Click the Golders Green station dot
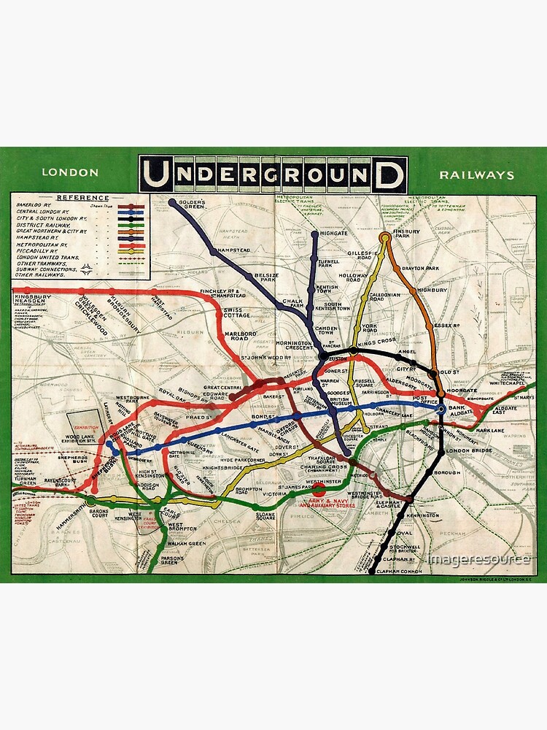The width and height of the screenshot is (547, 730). tap(172, 202)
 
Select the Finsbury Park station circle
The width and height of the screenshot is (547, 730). tap(385, 237)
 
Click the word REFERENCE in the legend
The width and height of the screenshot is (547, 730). tap(82, 198)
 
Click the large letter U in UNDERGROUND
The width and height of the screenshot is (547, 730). tap(157, 175)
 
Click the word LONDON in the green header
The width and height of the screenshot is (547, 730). tap(70, 173)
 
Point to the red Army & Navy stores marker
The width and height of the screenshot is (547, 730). tap(319, 494)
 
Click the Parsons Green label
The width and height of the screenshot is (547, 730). tap(170, 560)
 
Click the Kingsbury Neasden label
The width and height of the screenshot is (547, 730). tap(31, 299)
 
